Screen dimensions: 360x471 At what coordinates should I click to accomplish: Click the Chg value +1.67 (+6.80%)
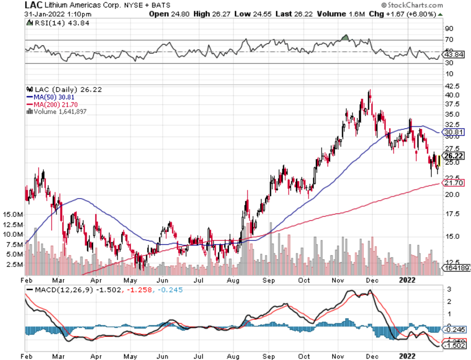[406, 14]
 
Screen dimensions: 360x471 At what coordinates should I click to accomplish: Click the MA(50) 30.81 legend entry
[48, 97]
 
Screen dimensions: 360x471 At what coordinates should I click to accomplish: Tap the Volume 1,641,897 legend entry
[58, 112]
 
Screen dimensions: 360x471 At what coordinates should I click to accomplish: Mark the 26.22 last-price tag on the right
[454, 156]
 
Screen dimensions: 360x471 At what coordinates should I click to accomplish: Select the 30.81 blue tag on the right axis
[454, 132]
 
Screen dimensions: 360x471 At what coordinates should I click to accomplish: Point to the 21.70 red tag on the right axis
[454, 183]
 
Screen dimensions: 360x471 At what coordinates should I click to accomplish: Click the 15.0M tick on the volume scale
[14, 214]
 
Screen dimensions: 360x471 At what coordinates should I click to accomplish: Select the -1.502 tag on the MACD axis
[454, 345]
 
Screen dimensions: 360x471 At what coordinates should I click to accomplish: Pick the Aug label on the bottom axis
[233, 356]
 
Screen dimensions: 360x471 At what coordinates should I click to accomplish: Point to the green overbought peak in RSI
[345, 37]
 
